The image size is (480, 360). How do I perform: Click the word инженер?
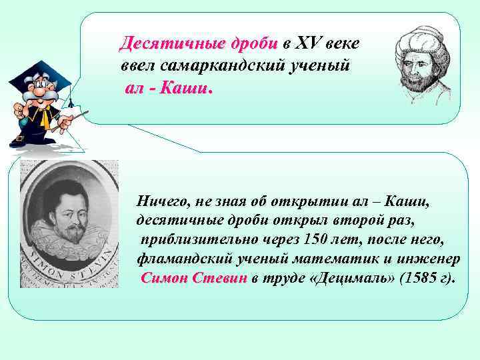(x=434, y=258)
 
